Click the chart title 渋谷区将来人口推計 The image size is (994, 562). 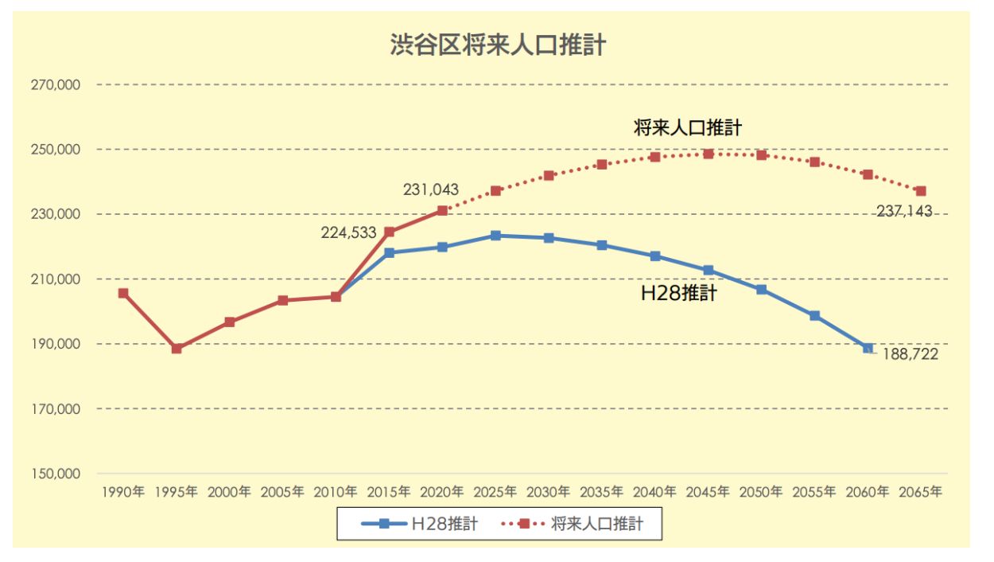(x=497, y=45)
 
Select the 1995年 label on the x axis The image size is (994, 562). (x=176, y=492)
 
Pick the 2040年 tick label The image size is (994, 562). (x=654, y=492)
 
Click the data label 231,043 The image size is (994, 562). (x=430, y=190)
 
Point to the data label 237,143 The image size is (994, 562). (x=903, y=212)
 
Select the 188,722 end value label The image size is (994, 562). (x=911, y=354)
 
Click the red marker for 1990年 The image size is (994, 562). (x=123, y=293)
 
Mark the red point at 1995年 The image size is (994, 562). (x=177, y=349)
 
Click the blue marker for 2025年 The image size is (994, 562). (x=495, y=236)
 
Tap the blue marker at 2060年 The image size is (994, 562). (x=868, y=348)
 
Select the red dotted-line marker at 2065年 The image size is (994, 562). (x=921, y=191)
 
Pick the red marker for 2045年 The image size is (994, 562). (x=709, y=154)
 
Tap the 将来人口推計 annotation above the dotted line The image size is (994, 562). (x=688, y=127)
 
